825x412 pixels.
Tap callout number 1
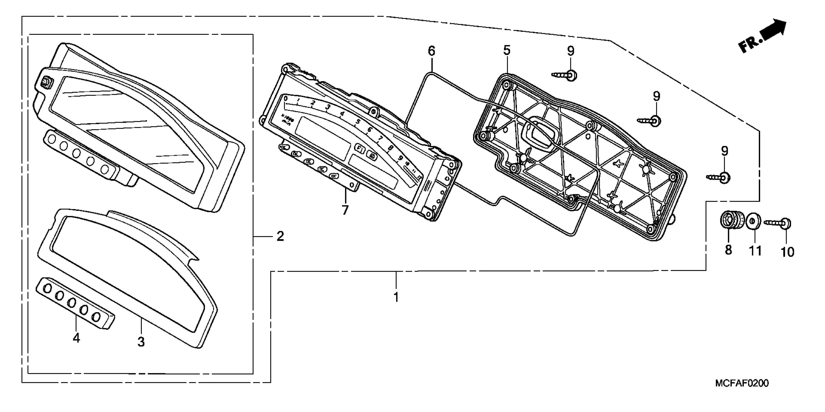point(396,297)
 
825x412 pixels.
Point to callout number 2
point(280,237)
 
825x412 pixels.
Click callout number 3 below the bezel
point(141,342)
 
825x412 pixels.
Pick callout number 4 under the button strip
point(76,338)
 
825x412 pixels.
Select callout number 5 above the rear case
point(507,51)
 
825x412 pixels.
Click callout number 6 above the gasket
point(432,51)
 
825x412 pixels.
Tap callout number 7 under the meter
point(345,210)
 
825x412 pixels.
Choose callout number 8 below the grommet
point(728,250)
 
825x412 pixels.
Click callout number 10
point(787,252)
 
